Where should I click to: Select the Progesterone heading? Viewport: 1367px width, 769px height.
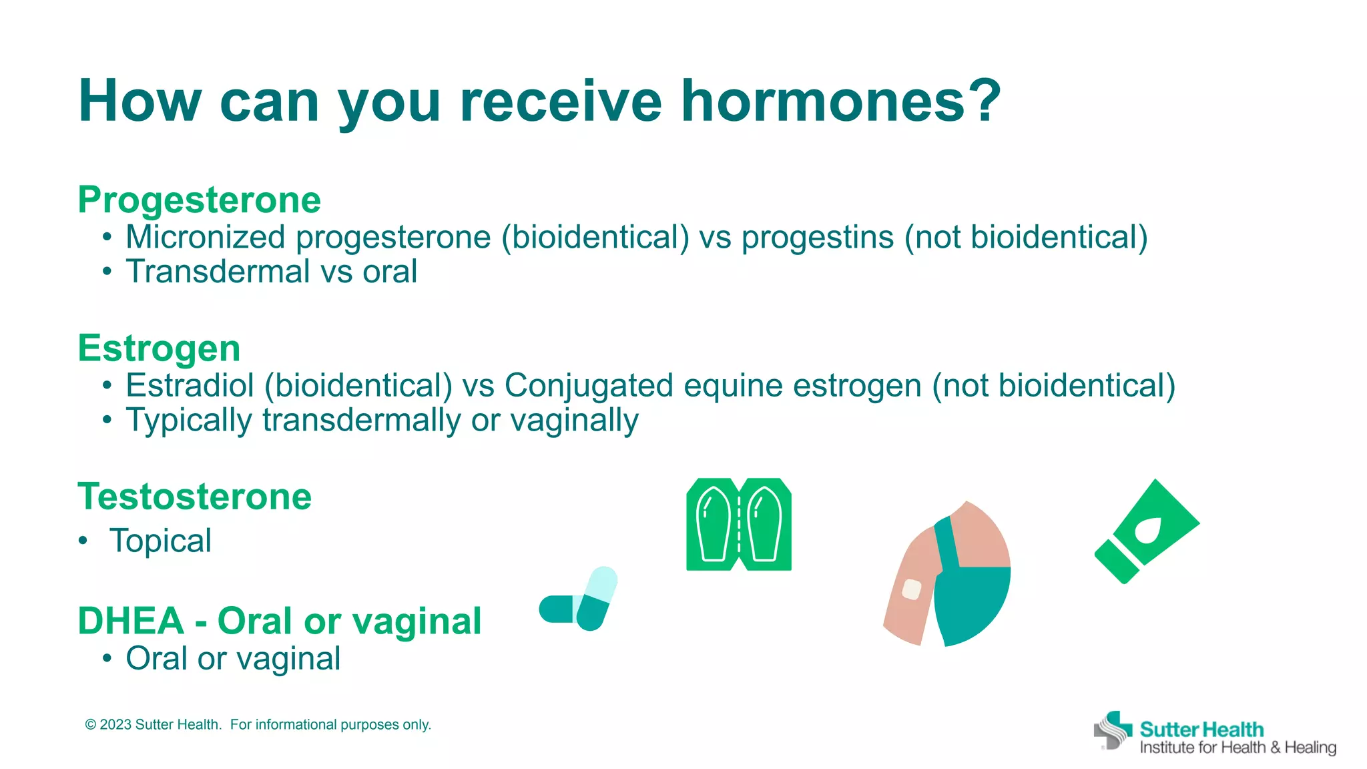[x=199, y=200]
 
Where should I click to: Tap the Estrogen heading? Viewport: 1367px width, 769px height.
[x=159, y=348]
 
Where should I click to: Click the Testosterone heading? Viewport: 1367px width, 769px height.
[x=194, y=497]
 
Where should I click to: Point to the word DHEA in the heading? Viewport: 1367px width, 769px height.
[x=131, y=621]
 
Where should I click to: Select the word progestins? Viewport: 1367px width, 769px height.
[x=817, y=238]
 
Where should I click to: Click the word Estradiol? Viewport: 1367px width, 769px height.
[x=190, y=386]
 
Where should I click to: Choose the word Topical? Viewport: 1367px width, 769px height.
[x=161, y=541]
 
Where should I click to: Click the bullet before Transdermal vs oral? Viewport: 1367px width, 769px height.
[x=107, y=272]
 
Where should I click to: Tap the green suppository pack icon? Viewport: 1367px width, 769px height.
[x=739, y=525]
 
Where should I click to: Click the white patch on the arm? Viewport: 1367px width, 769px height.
[x=911, y=589]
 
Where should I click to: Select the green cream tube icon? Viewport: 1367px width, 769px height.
[x=1147, y=532]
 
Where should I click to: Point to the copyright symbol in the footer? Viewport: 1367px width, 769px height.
[x=91, y=725]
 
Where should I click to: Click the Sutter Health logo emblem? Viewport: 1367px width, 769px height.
[x=1113, y=730]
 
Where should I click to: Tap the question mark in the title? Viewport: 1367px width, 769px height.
[x=985, y=101]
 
